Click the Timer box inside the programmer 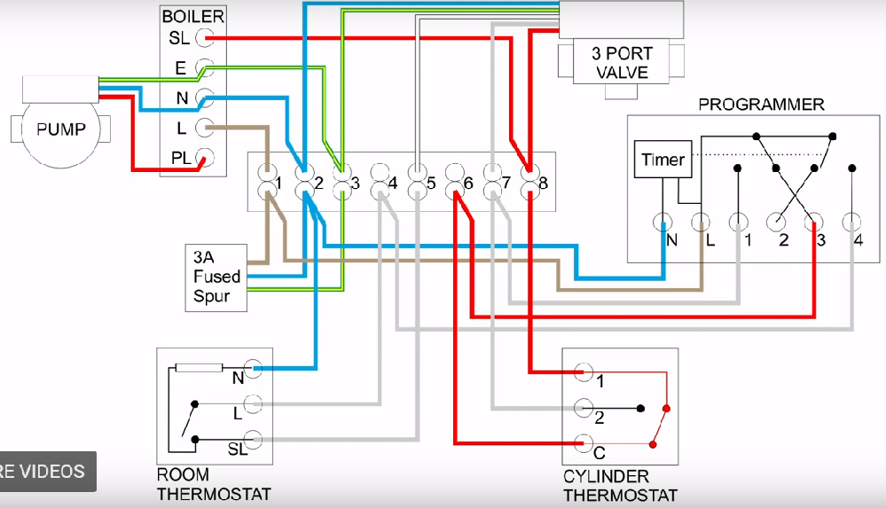point(663,160)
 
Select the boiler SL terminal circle point(205,38)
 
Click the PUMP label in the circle point(61,129)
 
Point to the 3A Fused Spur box point(216,277)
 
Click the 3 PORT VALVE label point(621,63)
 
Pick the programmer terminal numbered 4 point(851,222)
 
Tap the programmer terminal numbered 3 point(814,222)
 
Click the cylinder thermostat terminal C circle point(582,442)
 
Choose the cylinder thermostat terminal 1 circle point(582,371)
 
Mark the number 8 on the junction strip point(543,184)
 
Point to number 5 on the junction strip point(431,184)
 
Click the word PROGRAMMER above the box point(761,105)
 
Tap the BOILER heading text point(192,16)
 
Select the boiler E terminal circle point(205,67)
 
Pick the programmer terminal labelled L point(700,222)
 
